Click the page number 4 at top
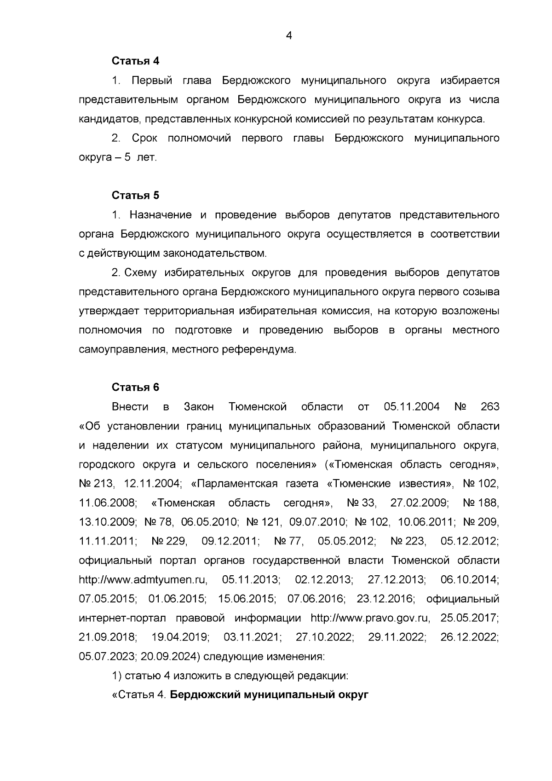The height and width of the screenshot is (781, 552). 289,35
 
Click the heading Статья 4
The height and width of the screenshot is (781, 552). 135,61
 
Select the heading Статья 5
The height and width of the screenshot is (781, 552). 135,195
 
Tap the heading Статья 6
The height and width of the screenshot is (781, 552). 135,387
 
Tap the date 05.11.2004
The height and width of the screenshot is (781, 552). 411,407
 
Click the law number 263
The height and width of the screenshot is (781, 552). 489,407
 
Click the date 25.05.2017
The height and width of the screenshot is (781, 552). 469,618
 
